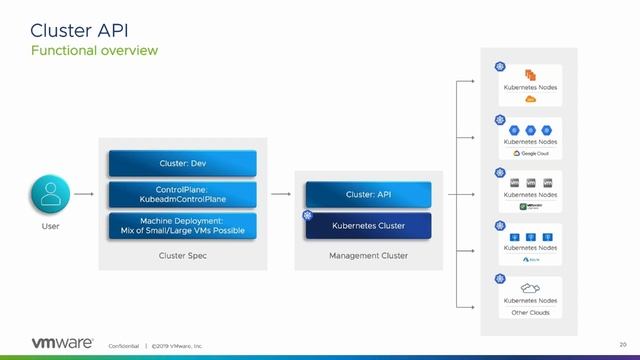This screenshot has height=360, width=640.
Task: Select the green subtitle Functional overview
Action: (x=95, y=50)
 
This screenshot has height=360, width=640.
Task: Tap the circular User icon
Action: (x=49, y=195)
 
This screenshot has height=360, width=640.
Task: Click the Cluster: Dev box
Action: (x=181, y=163)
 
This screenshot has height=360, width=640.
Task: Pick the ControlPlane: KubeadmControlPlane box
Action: (x=181, y=194)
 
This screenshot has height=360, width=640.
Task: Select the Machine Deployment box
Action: (x=181, y=225)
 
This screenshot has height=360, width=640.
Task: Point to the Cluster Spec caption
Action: (x=181, y=256)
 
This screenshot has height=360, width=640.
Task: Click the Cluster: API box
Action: (x=368, y=195)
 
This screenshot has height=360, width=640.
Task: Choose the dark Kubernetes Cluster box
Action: (x=368, y=225)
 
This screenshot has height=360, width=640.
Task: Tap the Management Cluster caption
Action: (x=368, y=256)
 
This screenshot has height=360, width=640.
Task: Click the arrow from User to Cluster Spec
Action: (x=85, y=195)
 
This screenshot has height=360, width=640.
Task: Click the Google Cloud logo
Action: (x=530, y=153)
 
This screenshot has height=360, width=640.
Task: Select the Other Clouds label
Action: (x=530, y=312)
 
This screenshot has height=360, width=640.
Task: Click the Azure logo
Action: (x=530, y=259)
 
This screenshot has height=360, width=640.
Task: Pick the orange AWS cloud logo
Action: (x=530, y=100)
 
